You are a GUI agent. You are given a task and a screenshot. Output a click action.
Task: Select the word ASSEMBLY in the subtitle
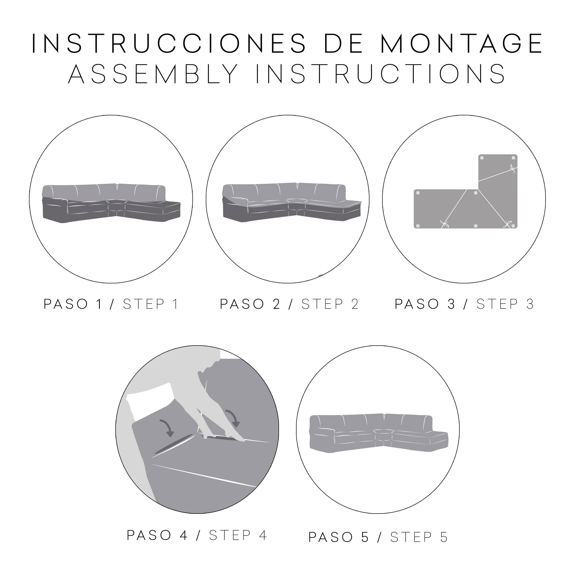[x=153, y=73]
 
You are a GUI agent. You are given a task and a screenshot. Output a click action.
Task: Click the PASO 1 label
[x=73, y=304]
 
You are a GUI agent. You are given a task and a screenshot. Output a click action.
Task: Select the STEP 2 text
[x=330, y=304]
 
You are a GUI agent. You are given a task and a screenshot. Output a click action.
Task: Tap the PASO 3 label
[x=425, y=304]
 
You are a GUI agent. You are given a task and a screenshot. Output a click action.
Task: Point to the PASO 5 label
[x=339, y=537]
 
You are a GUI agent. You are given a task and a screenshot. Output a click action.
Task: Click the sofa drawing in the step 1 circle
[x=111, y=204]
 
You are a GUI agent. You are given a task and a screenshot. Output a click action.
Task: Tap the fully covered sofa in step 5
[x=379, y=433]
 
